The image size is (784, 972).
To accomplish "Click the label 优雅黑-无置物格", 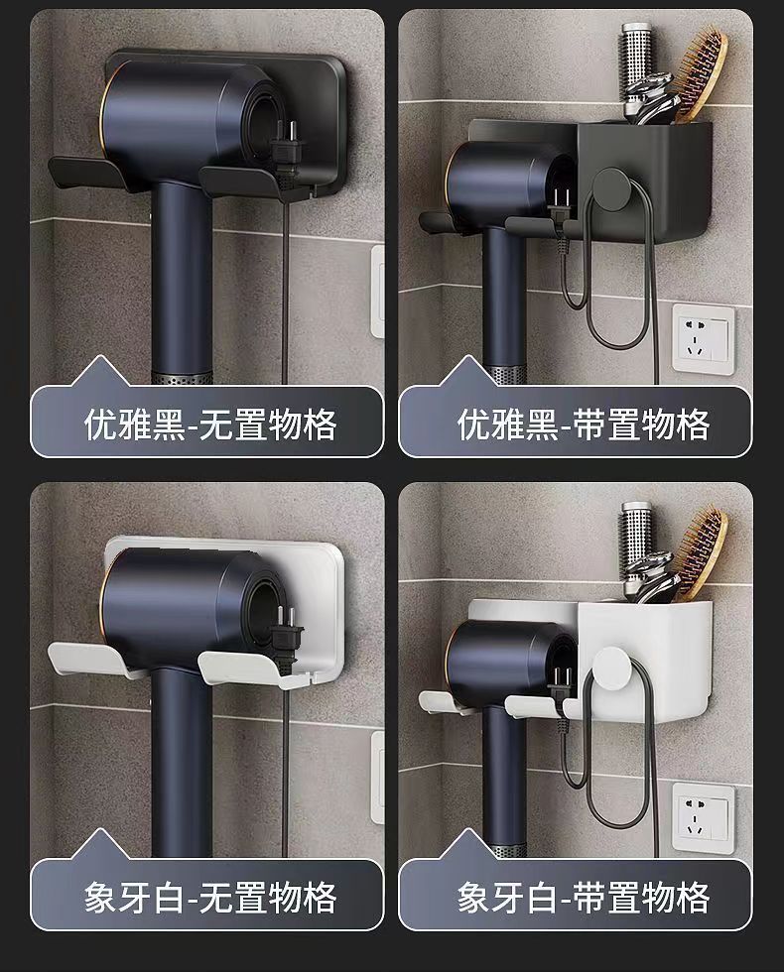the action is [210, 425].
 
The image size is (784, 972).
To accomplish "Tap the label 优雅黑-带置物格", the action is [584, 425].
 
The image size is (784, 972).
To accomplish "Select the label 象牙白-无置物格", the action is [210, 898].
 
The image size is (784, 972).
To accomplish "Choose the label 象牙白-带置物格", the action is [584, 898].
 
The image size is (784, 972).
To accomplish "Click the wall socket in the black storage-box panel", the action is [704, 338].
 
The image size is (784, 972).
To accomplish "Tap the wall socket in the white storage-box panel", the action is [704, 816].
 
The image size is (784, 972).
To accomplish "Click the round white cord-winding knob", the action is [612, 667].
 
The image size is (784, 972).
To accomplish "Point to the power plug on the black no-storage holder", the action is [286, 155].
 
